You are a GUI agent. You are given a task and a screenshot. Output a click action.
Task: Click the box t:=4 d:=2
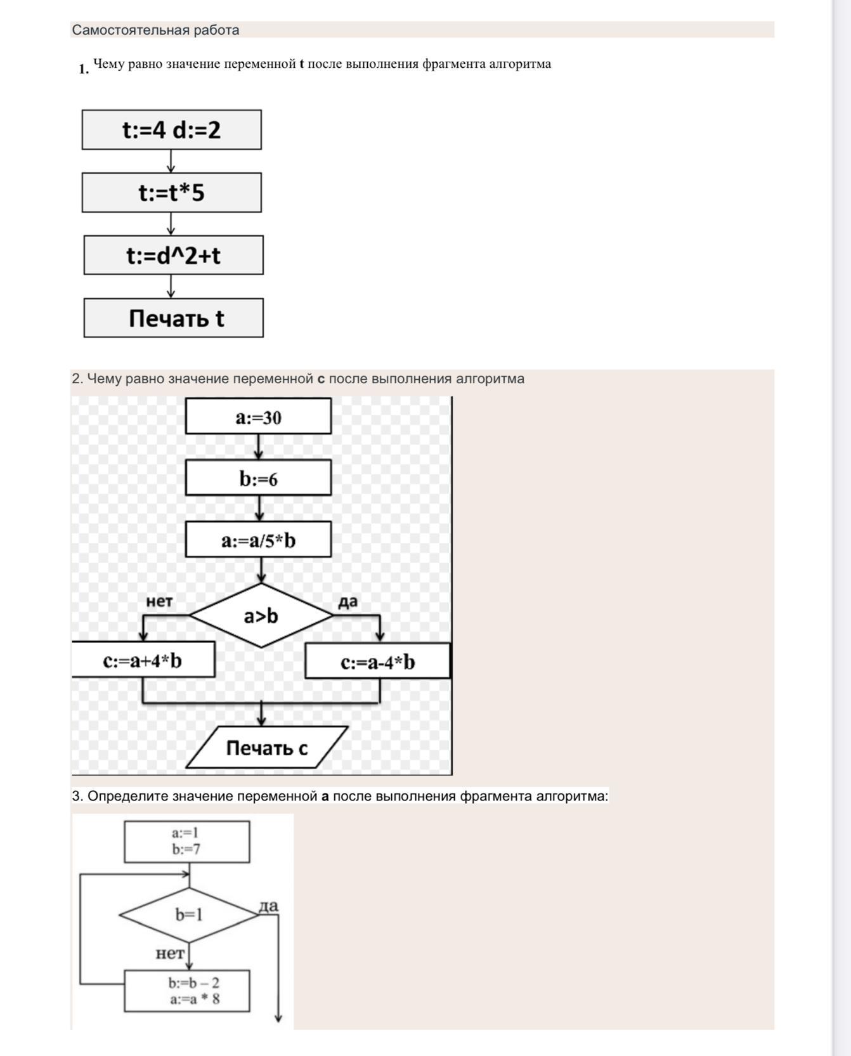171,130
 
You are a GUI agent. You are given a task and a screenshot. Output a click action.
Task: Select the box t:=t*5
171,193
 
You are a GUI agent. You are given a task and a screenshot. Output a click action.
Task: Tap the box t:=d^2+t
173,256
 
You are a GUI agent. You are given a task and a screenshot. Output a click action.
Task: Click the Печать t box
173,318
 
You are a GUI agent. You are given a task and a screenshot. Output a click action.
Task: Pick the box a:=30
258,417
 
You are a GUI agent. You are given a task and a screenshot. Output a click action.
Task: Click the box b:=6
258,478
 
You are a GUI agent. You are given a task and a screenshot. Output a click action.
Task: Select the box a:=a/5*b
258,540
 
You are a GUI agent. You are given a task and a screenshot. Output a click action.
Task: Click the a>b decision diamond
261,615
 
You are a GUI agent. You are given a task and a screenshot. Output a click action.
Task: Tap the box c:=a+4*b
143,660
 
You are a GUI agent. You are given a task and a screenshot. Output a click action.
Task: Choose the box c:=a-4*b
377,662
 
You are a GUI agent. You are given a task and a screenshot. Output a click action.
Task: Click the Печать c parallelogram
267,748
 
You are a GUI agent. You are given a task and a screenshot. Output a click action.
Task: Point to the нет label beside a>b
159,601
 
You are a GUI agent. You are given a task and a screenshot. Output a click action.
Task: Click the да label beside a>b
348,601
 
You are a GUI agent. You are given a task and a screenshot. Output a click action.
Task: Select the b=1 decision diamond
188,914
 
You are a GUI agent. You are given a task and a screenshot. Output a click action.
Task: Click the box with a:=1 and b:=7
186,842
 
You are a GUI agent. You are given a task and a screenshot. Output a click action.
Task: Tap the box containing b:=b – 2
186,991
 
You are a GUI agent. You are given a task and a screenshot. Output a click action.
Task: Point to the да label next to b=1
268,906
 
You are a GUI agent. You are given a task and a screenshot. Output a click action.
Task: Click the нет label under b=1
169,953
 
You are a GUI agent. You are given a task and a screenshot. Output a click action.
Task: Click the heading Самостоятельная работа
155,30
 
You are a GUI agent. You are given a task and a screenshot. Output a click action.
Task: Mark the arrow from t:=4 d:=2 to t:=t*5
171,161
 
